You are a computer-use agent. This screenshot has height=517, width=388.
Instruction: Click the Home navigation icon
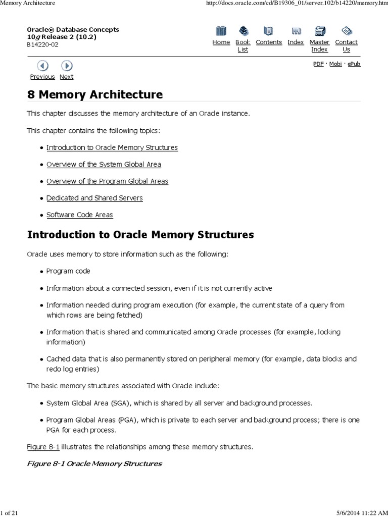(x=221, y=31)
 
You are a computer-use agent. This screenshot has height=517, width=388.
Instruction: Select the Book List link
(x=243, y=46)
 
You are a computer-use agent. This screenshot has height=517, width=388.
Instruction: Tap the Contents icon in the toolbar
(x=268, y=31)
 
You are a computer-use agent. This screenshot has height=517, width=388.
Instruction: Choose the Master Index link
(x=319, y=46)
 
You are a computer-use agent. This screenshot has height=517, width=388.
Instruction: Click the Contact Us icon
(x=346, y=31)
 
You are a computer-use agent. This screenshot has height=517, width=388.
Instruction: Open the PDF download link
(x=318, y=64)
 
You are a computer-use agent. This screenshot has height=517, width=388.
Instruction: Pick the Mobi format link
(x=335, y=64)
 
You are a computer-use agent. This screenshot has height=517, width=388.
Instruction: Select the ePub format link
(x=354, y=64)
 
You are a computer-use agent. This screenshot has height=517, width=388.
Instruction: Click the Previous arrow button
(x=43, y=66)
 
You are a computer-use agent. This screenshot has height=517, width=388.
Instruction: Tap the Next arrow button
(x=67, y=66)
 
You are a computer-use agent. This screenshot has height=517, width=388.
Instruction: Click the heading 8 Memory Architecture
(x=95, y=94)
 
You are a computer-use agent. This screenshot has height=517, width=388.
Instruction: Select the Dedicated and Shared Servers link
(x=94, y=198)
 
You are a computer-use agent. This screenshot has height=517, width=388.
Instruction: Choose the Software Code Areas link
(x=80, y=215)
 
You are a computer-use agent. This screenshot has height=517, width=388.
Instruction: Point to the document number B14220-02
(x=42, y=44)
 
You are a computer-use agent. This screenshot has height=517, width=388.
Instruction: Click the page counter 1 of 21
(x=10, y=513)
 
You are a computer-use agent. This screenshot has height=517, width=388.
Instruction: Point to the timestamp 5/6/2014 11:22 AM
(x=359, y=513)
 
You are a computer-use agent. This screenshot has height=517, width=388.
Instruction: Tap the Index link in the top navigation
(x=296, y=42)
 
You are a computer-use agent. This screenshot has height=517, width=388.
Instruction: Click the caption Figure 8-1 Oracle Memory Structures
(x=94, y=463)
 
